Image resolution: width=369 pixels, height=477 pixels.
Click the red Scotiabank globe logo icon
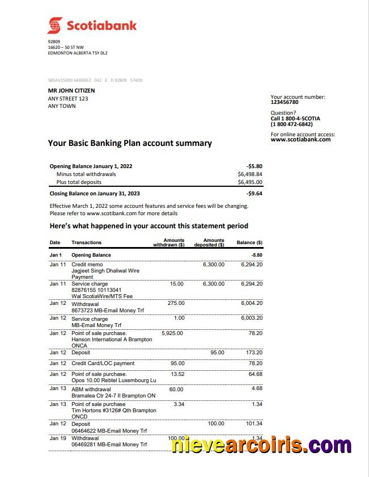pyautogui.click(x=55, y=26)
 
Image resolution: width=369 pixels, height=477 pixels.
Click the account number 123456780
pyautogui.click(x=285, y=102)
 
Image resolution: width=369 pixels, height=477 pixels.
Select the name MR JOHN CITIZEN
pyautogui.click(x=71, y=90)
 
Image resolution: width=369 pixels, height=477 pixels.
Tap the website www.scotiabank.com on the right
pyautogui.click(x=300, y=140)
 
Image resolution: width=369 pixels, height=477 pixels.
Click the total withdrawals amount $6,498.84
pyautogui.click(x=250, y=174)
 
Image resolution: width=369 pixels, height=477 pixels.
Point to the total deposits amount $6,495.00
pyautogui.click(x=250, y=182)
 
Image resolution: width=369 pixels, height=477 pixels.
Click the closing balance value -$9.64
pyautogui.click(x=255, y=194)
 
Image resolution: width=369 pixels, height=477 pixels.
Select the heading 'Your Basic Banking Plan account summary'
pyautogui.click(x=130, y=144)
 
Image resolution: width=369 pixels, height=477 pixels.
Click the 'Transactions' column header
pyautogui.click(x=87, y=243)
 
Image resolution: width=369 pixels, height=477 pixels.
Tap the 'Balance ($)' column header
pyautogui.click(x=249, y=243)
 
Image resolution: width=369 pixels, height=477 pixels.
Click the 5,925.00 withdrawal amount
pyautogui.click(x=172, y=333)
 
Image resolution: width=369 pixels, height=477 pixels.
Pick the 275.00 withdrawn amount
pyautogui.click(x=176, y=303)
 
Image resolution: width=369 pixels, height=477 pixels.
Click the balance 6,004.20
pyautogui.click(x=252, y=303)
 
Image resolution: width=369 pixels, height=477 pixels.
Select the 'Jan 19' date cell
pyautogui.click(x=58, y=438)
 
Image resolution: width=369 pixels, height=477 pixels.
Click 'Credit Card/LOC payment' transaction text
pyautogui.click(x=103, y=363)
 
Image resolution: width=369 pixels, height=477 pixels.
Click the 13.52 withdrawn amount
pyautogui.click(x=177, y=374)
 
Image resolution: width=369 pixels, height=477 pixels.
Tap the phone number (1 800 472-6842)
pyautogui.click(x=291, y=124)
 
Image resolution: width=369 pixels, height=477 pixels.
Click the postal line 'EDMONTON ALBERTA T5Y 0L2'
pyautogui.click(x=78, y=53)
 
